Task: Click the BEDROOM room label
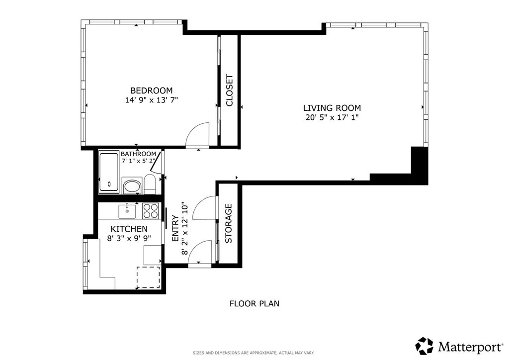[x=151, y=90]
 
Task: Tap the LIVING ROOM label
[x=332, y=108]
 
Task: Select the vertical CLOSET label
[x=230, y=90]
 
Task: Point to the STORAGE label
[x=229, y=223]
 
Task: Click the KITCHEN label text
[x=129, y=229]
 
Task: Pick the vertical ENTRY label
[x=175, y=229]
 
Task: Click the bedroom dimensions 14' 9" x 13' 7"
[x=152, y=100]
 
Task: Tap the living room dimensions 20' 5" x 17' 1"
[x=332, y=117]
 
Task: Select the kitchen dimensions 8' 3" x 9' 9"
[x=129, y=239]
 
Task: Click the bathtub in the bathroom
[x=109, y=172]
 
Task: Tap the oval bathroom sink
[x=132, y=187]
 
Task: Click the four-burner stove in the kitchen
[x=150, y=211]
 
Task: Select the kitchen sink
[x=127, y=211]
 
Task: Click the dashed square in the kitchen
[x=148, y=277]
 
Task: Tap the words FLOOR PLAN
[x=254, y=303]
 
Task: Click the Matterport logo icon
[x=424, y=346]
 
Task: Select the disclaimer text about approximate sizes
[x=254, y=353]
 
